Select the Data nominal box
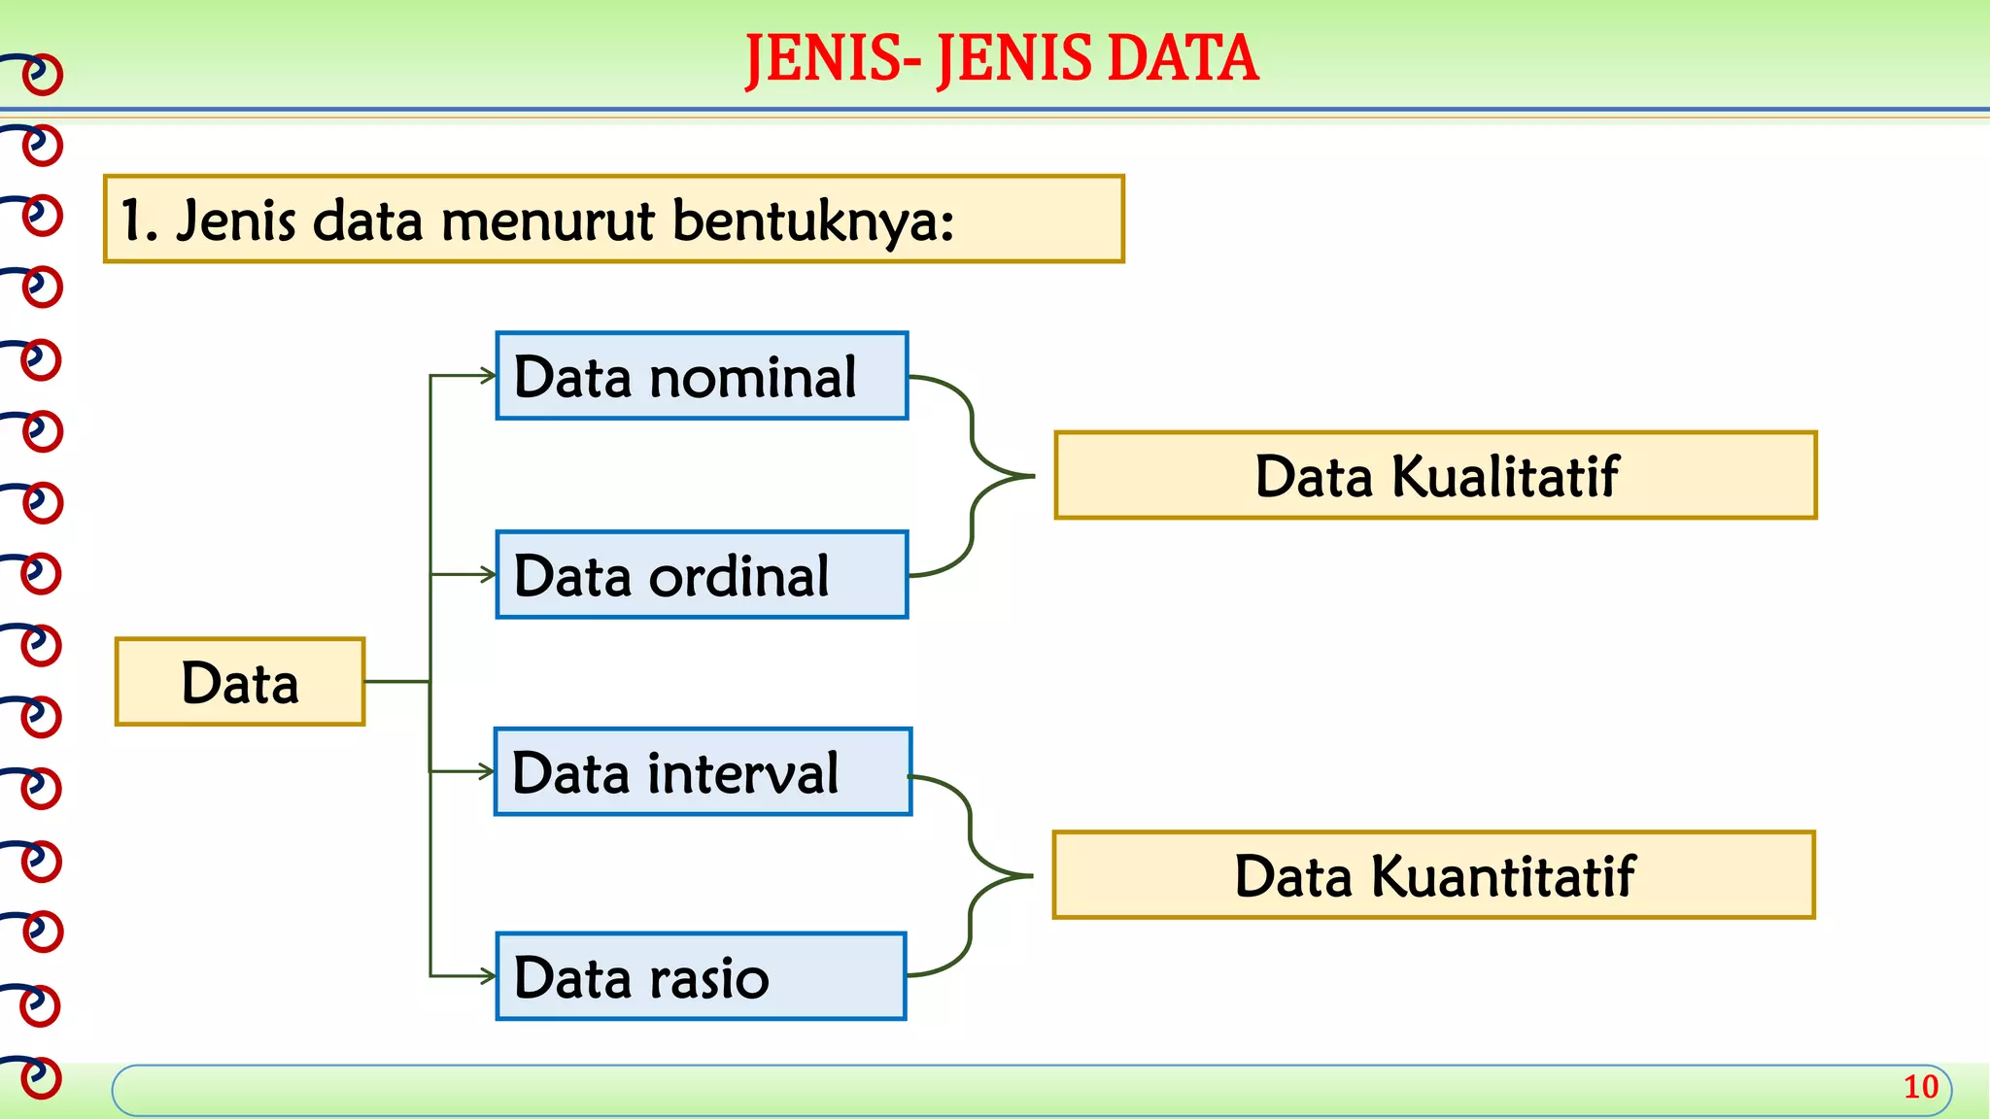coord(702,376)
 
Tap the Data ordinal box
coord(702,575)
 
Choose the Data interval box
coord(703,772)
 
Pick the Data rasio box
coord(701,976)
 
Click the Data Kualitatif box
coord(1435,476)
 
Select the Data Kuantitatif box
coord(1434,875)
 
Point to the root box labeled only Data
coord(240,682)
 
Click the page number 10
coord(1920,1087)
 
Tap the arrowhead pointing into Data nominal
coord(488,376)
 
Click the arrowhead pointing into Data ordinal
coord(488,575)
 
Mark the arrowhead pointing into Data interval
coord(487,772)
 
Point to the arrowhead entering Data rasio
coord(488,976)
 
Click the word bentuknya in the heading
coord(812,220)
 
